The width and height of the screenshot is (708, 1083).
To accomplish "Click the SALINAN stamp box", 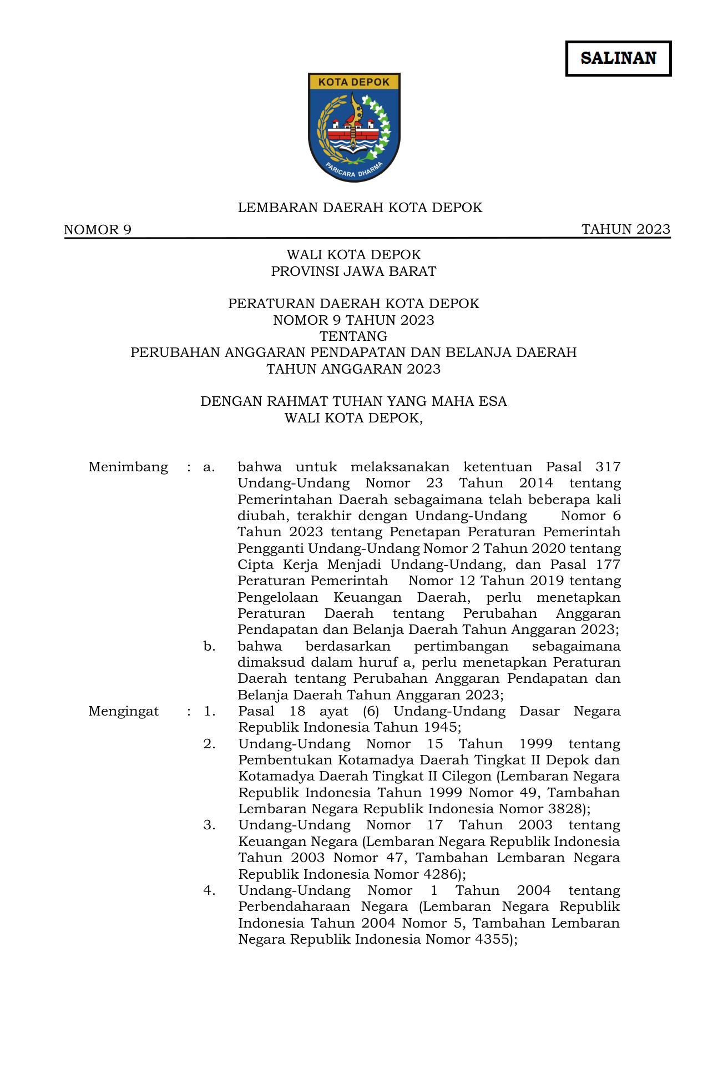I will coord(618,58).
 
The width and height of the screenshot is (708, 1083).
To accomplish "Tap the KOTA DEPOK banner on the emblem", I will coord(354,82).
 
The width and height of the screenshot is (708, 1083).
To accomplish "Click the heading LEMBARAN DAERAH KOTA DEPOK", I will coord(360,208).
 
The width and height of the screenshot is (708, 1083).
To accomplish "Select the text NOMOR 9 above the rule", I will coord(98,230).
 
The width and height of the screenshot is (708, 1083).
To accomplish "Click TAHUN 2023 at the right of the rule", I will coord(625,229).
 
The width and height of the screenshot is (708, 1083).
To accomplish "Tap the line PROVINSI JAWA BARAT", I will coord(353,271).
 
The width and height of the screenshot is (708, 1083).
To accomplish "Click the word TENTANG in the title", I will coord(353,336).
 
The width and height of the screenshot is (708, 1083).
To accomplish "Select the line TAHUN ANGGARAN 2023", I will coord(353,369).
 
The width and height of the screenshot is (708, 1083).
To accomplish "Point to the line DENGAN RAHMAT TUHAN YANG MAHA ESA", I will coord(353,401).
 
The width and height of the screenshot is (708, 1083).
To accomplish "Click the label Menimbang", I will coord(128,467).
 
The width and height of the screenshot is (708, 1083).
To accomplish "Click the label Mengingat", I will coord(124,711).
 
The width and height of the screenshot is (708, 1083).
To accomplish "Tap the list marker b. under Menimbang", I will coord(209,646).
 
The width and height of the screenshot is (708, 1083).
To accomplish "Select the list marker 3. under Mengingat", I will coord(209,825).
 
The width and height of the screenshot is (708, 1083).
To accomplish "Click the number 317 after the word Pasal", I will coord(608,467).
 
